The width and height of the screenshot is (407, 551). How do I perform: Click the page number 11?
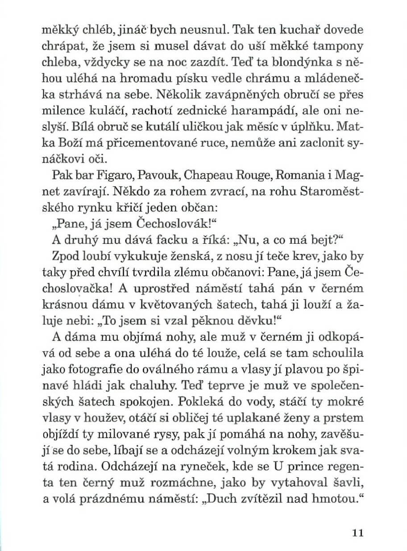pos(358,533)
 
